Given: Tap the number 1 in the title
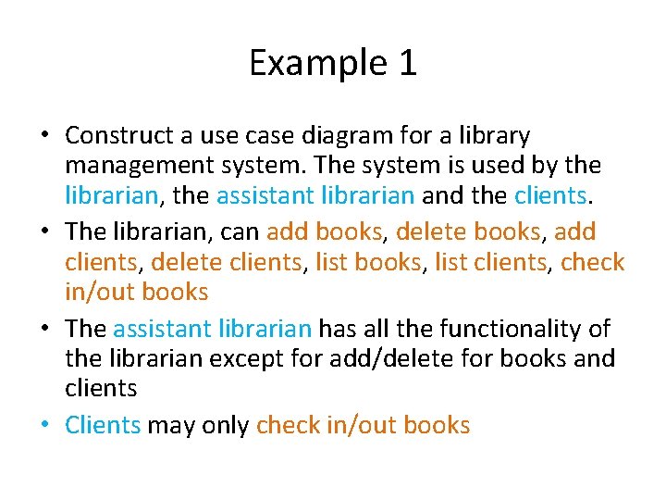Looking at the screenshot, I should (407, 64).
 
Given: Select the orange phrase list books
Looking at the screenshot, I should (368, 262).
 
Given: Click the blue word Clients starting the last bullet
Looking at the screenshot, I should (103, 425).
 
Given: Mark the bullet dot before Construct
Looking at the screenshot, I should (43, 136).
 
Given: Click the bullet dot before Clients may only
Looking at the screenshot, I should (43, 425).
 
